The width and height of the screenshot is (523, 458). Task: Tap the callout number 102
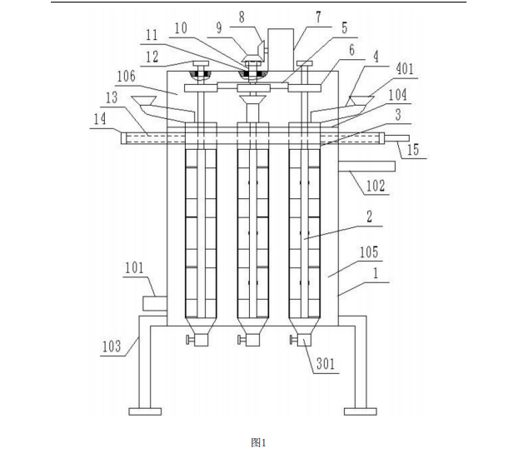pyautogui.click(x=376, y=187)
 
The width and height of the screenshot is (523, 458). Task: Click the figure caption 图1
pyautogui.click(x=258, y=443)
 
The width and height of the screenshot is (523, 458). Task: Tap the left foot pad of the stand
pyautogui.click(x=144, y=411)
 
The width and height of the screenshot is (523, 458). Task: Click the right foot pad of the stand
pyautogui.click(x=361, y=411)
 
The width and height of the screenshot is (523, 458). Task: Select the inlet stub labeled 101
pyautogui.click(x=156, y=305)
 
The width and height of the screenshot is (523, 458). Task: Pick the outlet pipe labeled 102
pyautogui.click(x=366, y=166)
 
